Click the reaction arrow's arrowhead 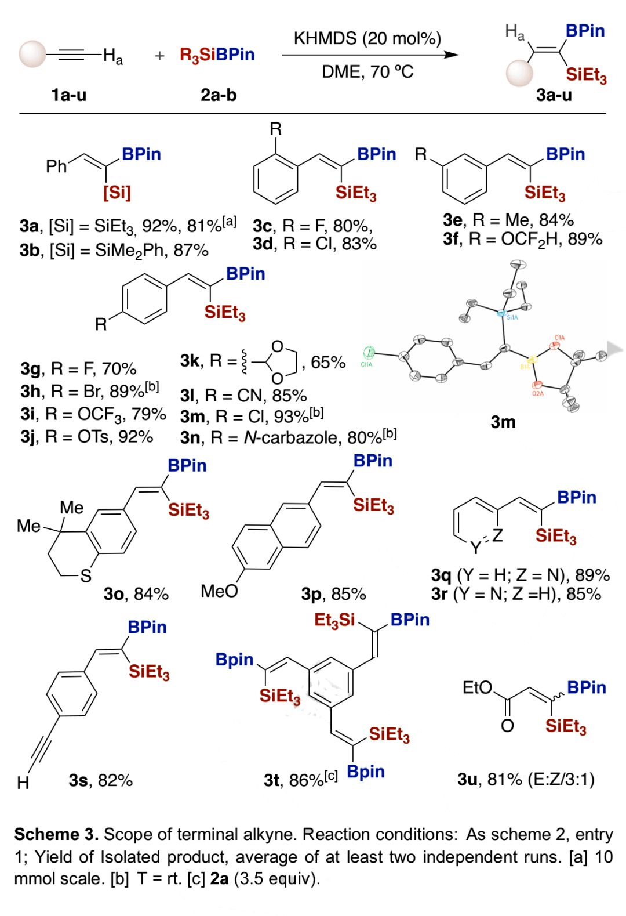point(452,55)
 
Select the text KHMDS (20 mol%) point(367,38)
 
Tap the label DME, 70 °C point(367,72)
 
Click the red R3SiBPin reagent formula point(217,55)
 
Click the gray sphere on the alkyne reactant point(32,55)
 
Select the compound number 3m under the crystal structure point(503,422)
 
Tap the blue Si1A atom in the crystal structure point(503,313)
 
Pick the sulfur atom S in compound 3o point(86,576)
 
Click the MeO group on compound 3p point(219,591)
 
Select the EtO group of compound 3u point(477,688)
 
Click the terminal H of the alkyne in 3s point(23,783)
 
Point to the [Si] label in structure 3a point(117,192)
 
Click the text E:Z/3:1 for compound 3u point(560,779)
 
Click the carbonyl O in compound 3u point(507,725)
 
